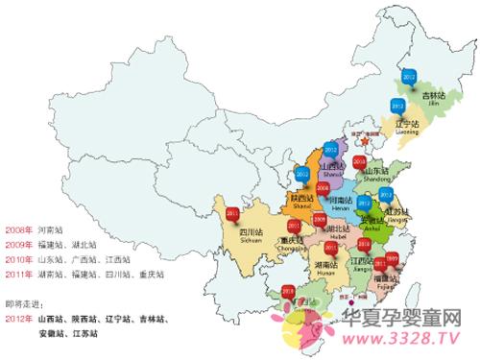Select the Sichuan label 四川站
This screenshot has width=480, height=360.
coord(251,231)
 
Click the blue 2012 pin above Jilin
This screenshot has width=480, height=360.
coord(408,75)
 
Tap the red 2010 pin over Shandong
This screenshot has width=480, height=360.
coord(358,164)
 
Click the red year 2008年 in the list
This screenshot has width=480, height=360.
coord(19,230)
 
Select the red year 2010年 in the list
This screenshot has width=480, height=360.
coord(19,259)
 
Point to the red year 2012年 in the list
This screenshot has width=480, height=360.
coord(19,317)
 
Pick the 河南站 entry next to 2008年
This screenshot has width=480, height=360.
coord(54,230)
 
